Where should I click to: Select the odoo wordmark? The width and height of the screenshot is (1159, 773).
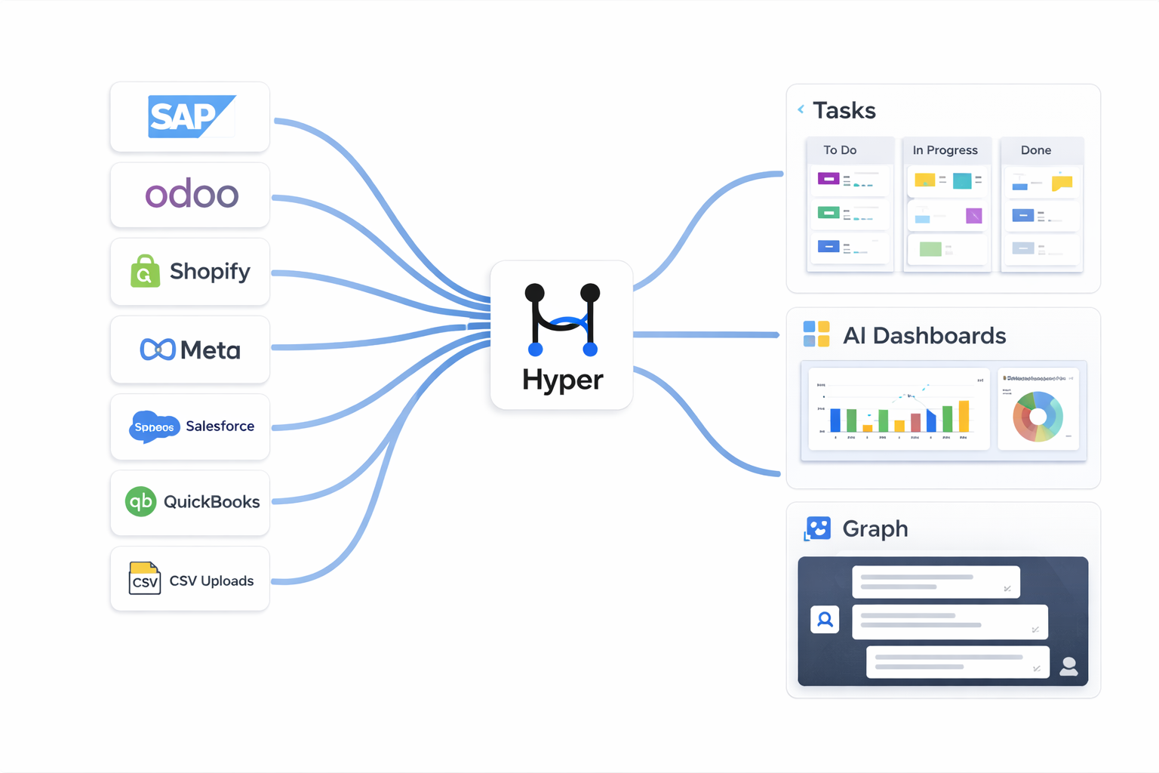click(192, 195)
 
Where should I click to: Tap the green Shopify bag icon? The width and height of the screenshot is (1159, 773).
click(145, 272)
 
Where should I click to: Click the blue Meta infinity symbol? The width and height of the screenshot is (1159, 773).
click(158, 350)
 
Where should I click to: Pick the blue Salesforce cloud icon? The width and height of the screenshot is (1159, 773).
click(154, 427)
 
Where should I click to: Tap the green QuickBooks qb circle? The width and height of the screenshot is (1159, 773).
click(140, 501)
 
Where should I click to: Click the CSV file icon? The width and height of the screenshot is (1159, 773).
click(144, 578)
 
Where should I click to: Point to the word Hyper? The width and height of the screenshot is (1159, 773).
click(562, 380)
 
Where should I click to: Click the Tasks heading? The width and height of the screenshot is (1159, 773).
click(844, 110)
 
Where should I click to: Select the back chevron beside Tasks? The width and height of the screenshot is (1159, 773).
click(801, 109)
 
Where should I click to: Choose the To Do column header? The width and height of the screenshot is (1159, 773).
click(840, 150)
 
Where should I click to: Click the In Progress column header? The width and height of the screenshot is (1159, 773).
click(945, 150)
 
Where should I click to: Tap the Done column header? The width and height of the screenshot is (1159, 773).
click(1035, 150)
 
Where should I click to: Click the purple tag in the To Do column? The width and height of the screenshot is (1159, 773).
click(829, 179)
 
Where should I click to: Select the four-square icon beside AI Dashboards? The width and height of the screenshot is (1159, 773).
click(816, 334)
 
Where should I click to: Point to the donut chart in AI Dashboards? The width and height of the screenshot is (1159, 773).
click(1038, 416)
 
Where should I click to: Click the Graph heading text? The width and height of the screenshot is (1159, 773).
click(875, 528)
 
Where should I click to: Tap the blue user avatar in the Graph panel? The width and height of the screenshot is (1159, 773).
click(825, 620)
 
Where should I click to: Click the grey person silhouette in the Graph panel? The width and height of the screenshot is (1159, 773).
click(1068, 666)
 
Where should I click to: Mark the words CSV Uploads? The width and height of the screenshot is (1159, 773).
click(211, 581)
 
